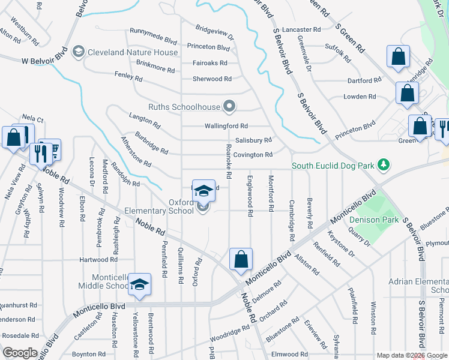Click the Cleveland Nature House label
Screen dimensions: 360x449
coord(133,52)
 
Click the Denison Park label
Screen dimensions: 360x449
coord(374,219)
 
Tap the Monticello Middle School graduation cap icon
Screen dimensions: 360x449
coord(139,284)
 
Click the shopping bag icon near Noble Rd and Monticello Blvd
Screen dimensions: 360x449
coord(241,259)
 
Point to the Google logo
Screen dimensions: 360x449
coord(20,353)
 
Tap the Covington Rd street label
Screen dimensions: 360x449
coord(253,155)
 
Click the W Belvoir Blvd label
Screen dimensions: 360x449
coord(44,61)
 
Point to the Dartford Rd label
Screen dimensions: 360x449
coord(364,80)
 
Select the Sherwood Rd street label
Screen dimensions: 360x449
coord(212,79)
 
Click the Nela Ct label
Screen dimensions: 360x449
coord(33,119)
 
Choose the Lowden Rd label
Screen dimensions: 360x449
coord(359,97)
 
